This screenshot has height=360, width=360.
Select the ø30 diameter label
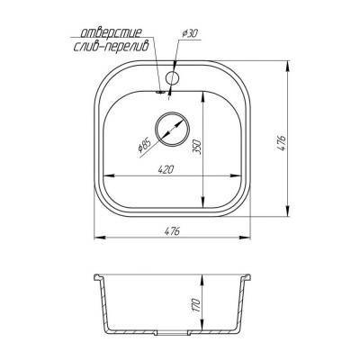(190, 32)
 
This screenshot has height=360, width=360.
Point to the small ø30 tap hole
(172, 78)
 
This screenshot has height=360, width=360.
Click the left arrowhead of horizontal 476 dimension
(98, 238)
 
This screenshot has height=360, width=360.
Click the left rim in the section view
(100, 274)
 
